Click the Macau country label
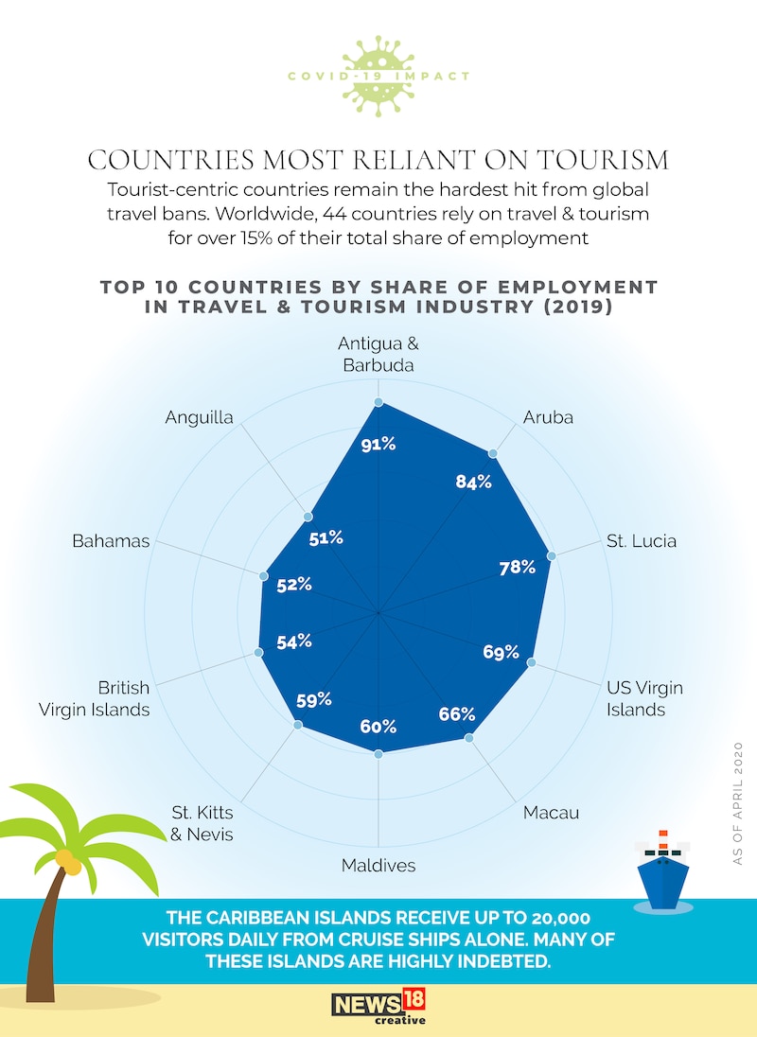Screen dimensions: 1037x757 [x=552, y=812]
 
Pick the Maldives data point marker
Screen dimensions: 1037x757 [x=378, y=753]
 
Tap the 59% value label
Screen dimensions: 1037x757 [x=313, y=700]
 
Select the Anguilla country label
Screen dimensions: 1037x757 [x=199, y=416]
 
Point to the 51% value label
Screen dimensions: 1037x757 [x=326, y=538]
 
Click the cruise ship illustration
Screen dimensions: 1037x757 [x=662, y=868]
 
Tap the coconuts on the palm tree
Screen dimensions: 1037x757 [x=67, y=860]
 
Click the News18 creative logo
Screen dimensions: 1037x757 [x=378, y=1004]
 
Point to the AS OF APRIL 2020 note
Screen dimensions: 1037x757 [x=738, y=804]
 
